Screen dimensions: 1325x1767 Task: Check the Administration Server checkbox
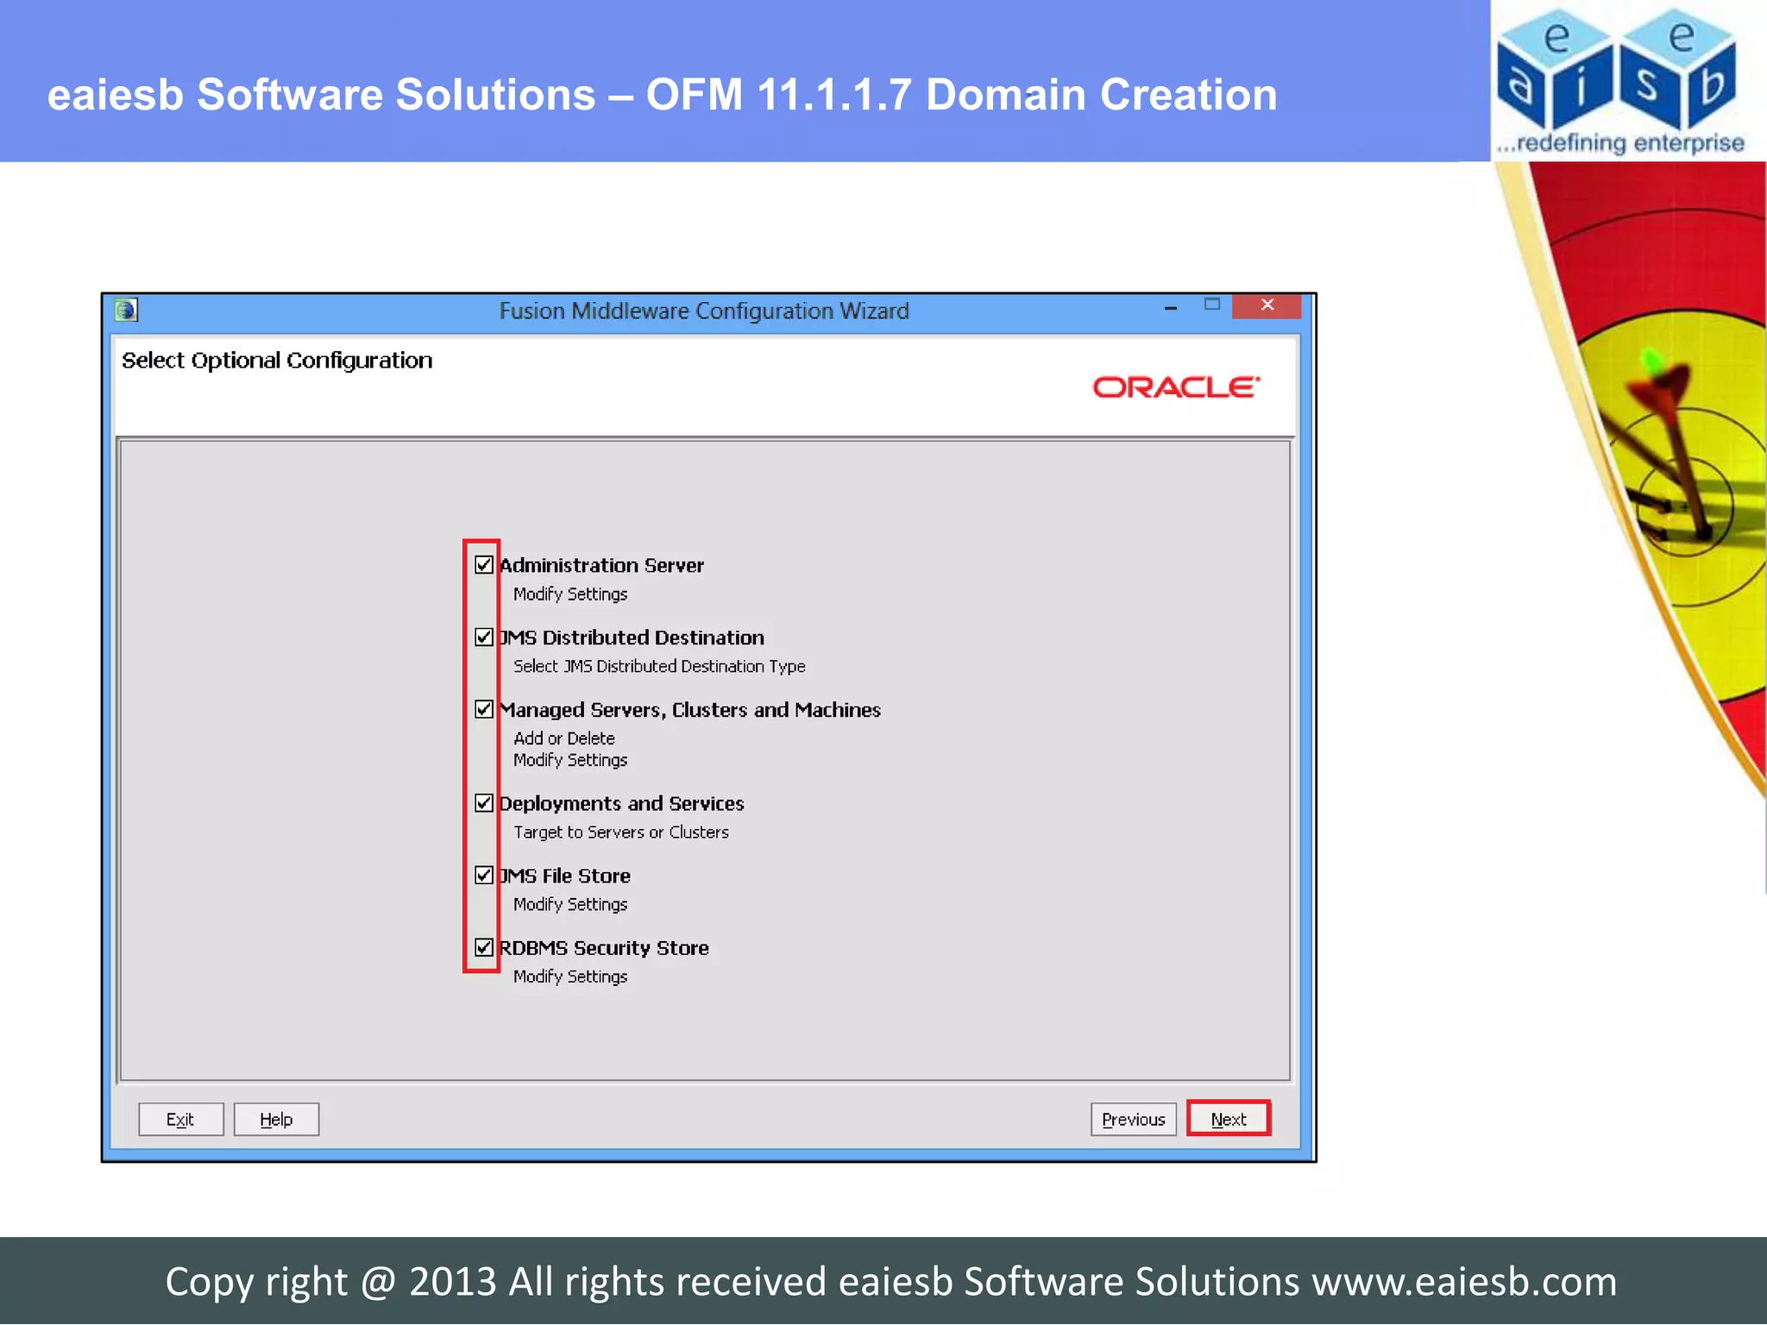click(x=483, y=565)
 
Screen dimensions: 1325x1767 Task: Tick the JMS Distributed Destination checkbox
click(x=483, y=637)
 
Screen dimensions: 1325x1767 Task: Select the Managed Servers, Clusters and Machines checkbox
click(x=483, y=709)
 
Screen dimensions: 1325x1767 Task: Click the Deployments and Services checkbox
click(x=483, y=803)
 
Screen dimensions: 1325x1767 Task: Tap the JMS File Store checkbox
click(x=483, y=876)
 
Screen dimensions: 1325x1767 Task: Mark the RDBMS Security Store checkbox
click(x=483, y=947)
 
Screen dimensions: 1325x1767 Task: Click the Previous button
click(x=1133, y=1120)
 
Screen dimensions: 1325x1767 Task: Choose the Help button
click(x=276, y=1120)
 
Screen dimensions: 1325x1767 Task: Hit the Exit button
click(x=180, y=1120)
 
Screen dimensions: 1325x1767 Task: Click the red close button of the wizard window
click(x=1267, y=305)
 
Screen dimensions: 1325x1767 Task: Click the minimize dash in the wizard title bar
click(x=1171, y=308)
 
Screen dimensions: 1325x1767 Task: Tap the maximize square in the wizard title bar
click(x=1212, y=305)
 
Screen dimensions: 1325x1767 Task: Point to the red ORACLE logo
click(x=1176, y=387)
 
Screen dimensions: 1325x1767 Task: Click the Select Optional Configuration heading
click(x=277, y=361)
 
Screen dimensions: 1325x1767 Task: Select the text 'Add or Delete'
click(x=564, y=738)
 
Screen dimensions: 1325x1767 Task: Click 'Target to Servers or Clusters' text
click(x=621, y=832)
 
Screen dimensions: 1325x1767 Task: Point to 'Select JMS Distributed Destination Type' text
click(x=659, y=666)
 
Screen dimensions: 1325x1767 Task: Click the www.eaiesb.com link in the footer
click(x=1464, y=1282)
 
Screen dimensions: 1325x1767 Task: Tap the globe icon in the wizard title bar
click(x=126, y=310)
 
